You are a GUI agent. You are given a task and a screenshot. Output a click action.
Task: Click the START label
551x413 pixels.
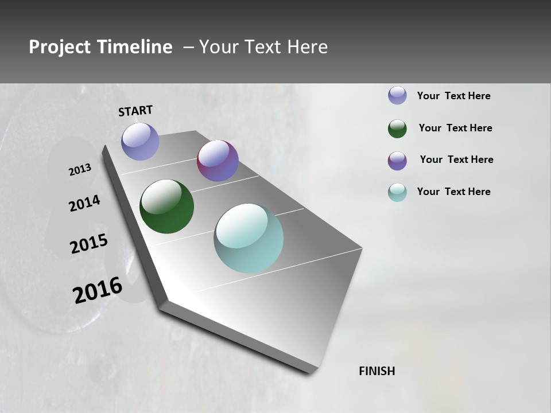tap(135, 111)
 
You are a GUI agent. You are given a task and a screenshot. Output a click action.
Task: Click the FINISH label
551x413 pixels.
tap(377, 371)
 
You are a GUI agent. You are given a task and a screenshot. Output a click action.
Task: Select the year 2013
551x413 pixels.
tap(80, 170)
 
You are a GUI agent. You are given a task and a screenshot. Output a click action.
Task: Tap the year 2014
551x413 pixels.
tap(85, 203)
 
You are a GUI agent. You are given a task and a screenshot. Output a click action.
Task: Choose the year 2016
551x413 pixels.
tap(98, 290)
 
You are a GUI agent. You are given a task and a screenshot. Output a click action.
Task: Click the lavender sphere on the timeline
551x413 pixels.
tap(141, 141)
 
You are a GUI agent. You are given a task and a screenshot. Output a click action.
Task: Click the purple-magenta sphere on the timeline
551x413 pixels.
tap(218, 161)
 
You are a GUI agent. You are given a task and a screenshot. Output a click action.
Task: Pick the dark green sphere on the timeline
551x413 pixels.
tap(167, 206)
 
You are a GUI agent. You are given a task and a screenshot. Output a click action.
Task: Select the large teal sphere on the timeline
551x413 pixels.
tap(249, 238)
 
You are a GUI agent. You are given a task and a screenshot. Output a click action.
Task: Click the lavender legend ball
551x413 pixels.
tap(397, 95)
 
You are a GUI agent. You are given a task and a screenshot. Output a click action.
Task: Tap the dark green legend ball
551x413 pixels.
tap(397, 128)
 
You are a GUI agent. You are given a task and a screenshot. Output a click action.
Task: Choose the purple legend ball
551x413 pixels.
tap(397, 161)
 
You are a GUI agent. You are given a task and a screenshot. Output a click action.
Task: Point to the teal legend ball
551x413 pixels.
tap(397, 192)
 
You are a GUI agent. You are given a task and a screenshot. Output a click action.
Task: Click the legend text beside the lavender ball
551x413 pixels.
tap(453, 96)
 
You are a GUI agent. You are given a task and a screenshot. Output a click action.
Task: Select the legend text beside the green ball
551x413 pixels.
tap(455, 128)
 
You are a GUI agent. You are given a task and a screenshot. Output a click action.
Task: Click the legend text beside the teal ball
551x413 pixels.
tap(453, 192)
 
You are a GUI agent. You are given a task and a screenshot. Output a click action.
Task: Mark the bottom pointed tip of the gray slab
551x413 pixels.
tap(311, 373)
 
